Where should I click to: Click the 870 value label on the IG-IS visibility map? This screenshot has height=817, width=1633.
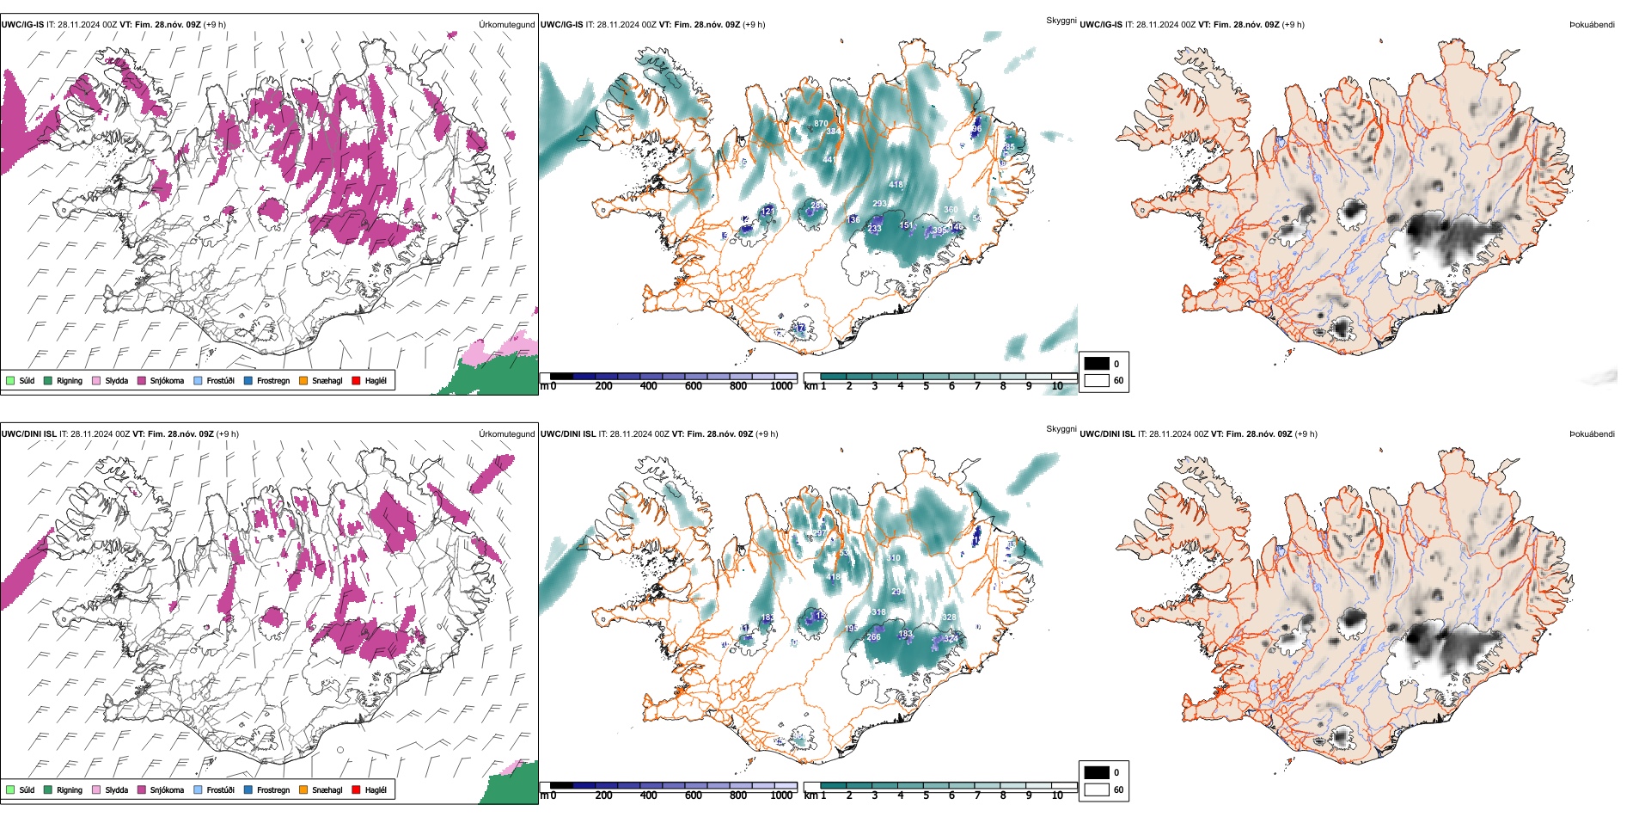(821, 124)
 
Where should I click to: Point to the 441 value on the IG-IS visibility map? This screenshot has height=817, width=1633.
(829, 160)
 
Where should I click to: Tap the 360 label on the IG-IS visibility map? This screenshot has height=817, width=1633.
(951, 210)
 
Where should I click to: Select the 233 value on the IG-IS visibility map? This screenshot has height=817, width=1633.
(874, 229)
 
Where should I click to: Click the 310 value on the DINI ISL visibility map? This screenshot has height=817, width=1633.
(894, 558)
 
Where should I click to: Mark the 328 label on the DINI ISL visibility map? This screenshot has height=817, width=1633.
(949, 617)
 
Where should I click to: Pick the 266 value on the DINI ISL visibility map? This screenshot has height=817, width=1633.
(874, 637)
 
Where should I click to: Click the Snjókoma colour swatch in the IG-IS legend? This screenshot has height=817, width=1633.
(142, 380)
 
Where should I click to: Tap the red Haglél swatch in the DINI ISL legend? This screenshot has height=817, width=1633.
(357, 789)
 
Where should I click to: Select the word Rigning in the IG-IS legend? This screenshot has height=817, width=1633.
(70, 380)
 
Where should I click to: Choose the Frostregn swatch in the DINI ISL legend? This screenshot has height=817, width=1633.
(248, 789)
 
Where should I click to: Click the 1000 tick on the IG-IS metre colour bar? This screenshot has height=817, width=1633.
(781, 386)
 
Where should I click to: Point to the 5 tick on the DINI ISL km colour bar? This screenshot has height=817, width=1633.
(927, 795)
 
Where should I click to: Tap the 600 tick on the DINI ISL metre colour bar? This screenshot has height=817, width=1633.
(693, 795)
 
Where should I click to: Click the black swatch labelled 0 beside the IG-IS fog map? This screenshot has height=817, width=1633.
(1097, 364)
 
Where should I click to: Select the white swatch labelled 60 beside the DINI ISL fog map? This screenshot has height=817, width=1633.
(1097, 789)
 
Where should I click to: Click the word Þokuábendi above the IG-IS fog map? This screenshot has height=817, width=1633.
(1592, 25)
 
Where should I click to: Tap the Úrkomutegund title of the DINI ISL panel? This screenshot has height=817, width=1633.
(506, 434)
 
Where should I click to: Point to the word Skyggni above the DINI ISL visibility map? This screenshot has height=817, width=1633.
(1061, 429)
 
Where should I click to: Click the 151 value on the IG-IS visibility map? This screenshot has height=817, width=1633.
(906, 225)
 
